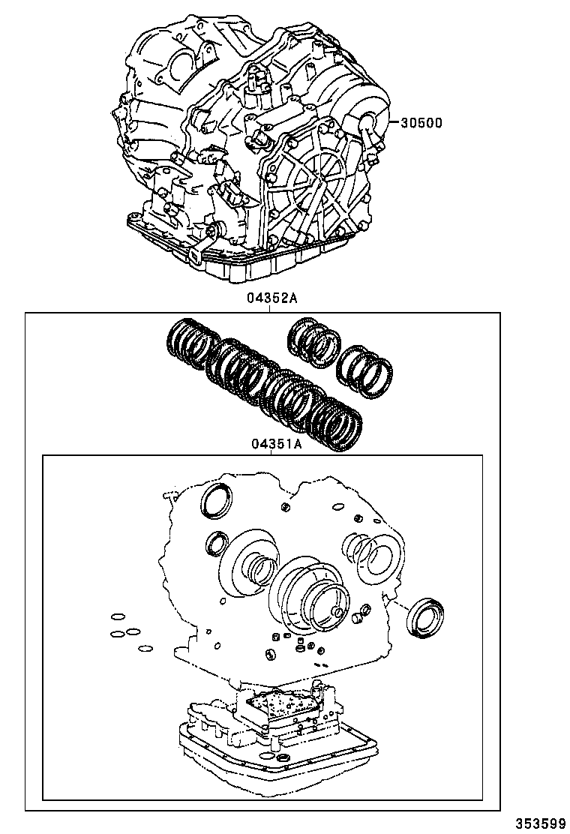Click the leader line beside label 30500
[391, 122]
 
